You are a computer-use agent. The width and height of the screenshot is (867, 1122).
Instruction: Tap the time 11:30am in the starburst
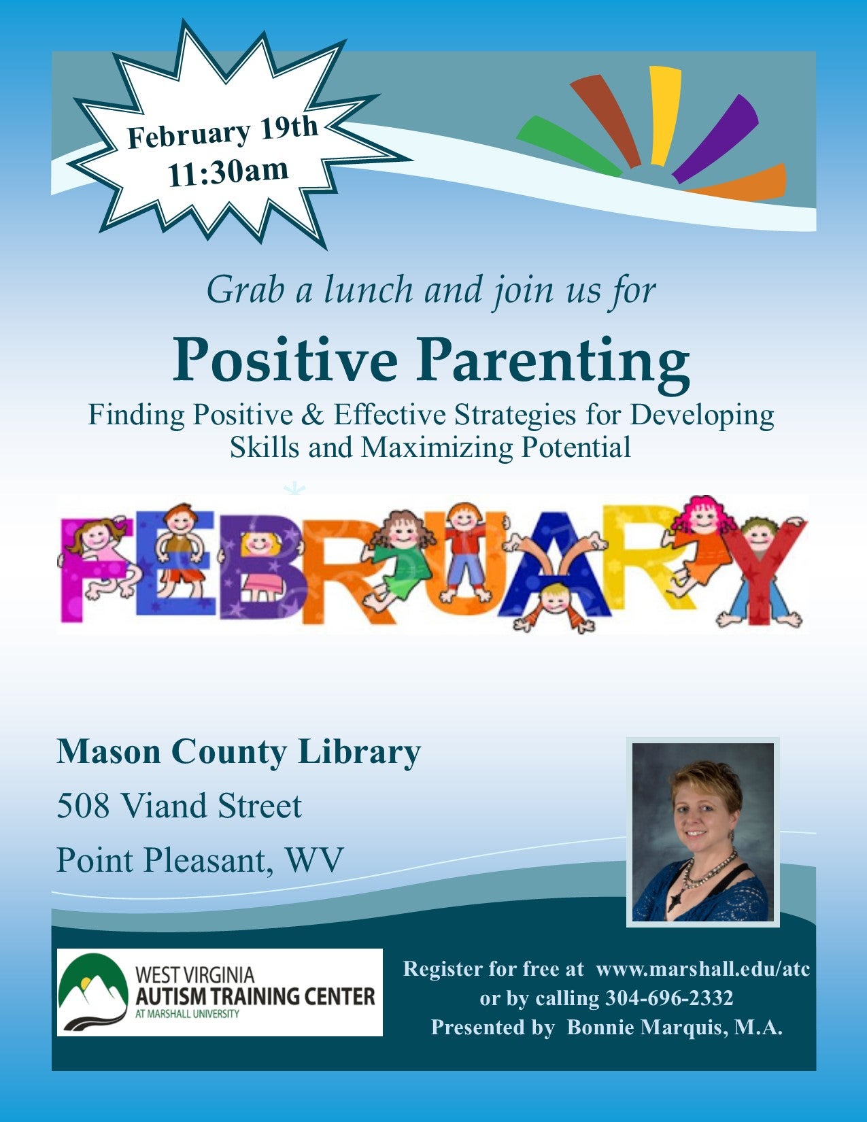(x=228, y=173)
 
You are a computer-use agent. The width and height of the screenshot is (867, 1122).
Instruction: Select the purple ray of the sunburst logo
(x=715, y=138)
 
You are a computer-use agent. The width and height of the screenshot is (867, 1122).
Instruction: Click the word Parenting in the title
(x=553, y=360)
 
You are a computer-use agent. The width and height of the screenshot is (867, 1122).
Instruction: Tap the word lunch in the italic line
(x=369, y=290)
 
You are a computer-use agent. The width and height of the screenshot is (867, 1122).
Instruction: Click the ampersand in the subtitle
(x=312, y=415)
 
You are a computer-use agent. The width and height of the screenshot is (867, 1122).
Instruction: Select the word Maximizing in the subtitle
(x=437, y=447)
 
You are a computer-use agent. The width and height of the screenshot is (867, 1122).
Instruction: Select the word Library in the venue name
(x=360, y=753)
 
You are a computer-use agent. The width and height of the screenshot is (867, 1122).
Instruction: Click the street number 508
(x=83, y=806)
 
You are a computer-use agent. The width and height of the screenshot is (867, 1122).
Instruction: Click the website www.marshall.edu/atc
(x=703, y=969)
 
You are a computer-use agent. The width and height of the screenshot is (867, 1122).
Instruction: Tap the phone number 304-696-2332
(x=668, y=998)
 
